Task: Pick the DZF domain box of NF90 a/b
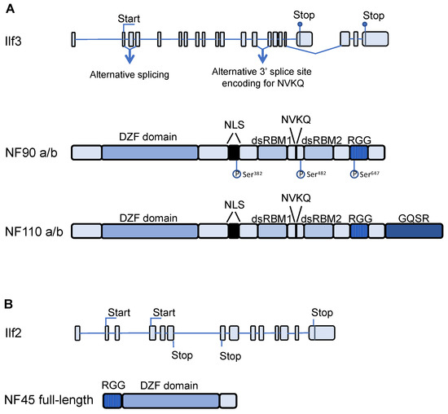[x=150, y=152]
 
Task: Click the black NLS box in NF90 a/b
[x=234, y=152]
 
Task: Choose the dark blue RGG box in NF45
[x=112, y=400]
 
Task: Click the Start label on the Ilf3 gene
[x=128, y=17]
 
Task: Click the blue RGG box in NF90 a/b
[x=358, y=152]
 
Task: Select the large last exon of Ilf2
[x=325, y=333]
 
